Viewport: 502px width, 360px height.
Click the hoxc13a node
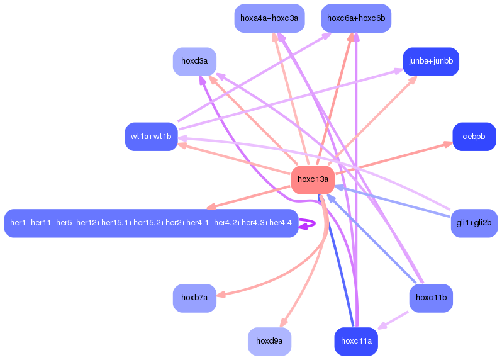[x=313, y=179]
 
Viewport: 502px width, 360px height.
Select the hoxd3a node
[x=194, y=62]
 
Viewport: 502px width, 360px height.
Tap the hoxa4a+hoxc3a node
[x=270, y=18]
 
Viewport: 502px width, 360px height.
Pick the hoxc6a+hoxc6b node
[x=356, y=18]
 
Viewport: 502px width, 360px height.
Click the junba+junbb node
[x=431, y=62]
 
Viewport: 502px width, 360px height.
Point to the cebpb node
[x=474, y=137]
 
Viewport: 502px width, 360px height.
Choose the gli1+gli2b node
[x=474, y=223]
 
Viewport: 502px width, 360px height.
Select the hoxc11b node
[x=431, y=298]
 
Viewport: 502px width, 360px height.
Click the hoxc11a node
[x=356, y=341]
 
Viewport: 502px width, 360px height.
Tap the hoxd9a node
[x=270, y=341]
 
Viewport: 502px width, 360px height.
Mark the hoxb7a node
[x=194, y=298]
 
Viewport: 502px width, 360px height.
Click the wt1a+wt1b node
[x=151, y=137]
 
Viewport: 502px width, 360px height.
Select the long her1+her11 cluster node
[x=151, y=223]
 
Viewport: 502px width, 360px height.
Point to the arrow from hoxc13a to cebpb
[x=394, y=159]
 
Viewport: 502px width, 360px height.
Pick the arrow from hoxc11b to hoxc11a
[x=393, y=320]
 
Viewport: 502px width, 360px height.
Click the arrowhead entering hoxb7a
[x=221, y=294]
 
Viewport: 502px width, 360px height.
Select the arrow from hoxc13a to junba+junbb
[x=373, y=120]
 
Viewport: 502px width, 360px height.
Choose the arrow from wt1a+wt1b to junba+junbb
[x=291, y=99]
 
